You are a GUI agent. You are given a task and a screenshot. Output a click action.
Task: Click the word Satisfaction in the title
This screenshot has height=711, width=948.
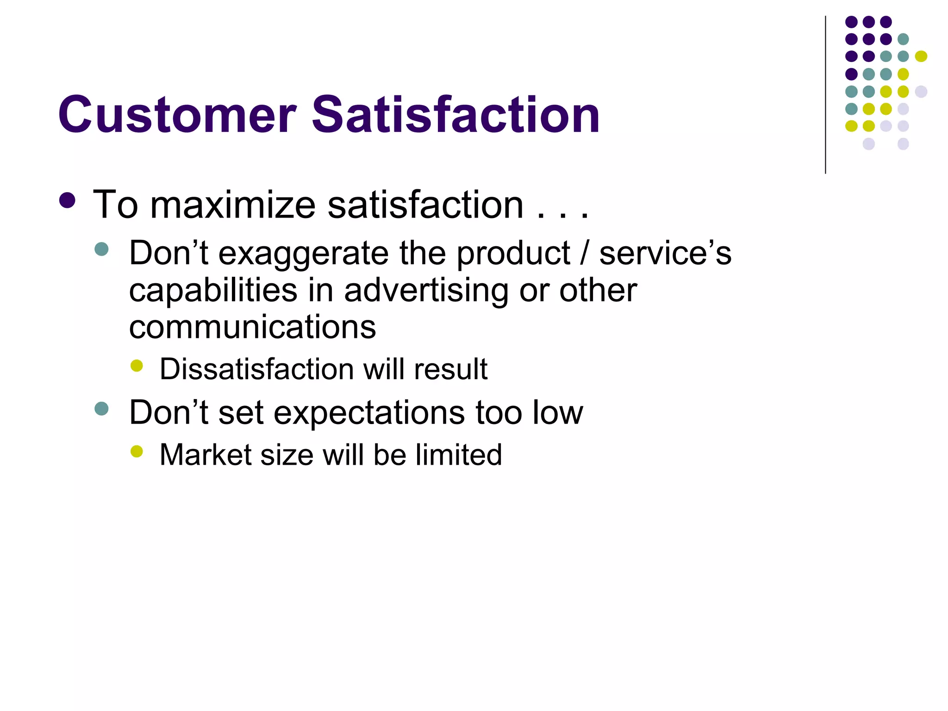[x=455, y=115]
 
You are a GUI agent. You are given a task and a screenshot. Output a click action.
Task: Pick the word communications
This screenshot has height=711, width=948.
[x=252, y=327]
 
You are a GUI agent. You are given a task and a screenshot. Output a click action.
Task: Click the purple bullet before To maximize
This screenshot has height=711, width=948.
[x=68, y=200]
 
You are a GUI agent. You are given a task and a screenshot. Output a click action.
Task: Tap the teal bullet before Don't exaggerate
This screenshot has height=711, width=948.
[x=101, y=249]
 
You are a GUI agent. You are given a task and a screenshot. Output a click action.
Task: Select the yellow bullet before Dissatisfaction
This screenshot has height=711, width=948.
[x=137, y=366]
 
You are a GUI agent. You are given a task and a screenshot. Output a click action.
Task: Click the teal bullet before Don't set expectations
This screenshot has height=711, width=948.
[x=101, y=408]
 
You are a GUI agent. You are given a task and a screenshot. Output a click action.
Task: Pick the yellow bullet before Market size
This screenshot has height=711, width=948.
[x=137, y=451]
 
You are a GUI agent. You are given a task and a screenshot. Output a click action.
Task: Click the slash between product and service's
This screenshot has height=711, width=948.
[x=585, y=254]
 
